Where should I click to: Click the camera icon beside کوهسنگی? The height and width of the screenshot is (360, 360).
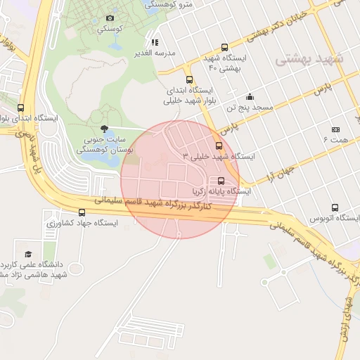point(110,18)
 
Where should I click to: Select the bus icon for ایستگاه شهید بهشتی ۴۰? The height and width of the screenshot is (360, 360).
point(224,47)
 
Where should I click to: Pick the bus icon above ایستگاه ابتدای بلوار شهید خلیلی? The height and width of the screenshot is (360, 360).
point(188,79)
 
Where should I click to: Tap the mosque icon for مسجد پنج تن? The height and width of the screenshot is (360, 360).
point(250,97)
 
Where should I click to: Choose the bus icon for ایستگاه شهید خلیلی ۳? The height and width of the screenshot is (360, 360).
point(219,146)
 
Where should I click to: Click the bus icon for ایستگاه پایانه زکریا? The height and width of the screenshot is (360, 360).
point(221,180)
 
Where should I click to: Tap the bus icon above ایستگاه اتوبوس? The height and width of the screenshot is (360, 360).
point(335,208)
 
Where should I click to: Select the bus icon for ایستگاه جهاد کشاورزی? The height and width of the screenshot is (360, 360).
point(82,212)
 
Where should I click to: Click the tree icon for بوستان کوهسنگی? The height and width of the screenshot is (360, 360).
point(104,129)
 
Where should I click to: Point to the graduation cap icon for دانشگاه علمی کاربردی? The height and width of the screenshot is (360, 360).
point(28,254)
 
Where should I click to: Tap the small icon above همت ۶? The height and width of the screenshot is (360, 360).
point(335,129)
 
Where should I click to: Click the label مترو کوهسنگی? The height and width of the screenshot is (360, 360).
point(169,4)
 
